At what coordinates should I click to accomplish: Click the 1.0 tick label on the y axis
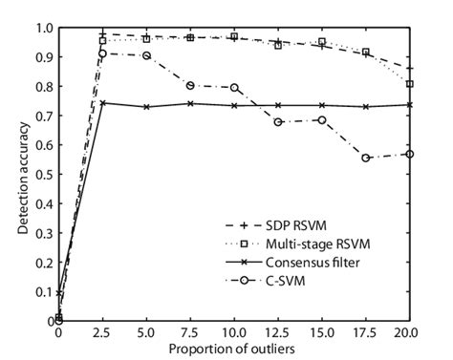(44, 27)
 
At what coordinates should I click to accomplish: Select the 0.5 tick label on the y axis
(44, 174)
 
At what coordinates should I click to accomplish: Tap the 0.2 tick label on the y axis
(44, 263)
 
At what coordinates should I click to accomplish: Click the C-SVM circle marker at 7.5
(190, 86)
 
